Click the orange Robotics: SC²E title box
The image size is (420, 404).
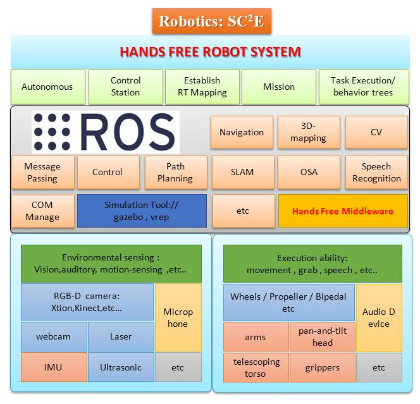(211, 21)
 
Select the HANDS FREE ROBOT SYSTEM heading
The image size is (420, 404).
(211, 51)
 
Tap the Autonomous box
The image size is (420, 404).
(47, 87)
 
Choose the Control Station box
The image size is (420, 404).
(125, 87)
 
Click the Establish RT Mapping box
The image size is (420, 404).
(202, 87)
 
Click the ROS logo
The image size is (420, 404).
(106, 132)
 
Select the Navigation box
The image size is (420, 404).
(242, 132)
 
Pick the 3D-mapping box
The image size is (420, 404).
(309, 132)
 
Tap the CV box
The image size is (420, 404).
(376, 132)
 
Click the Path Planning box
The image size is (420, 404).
(175, 173)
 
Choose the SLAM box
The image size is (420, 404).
(242, 172)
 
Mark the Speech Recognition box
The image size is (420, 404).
(376, 173)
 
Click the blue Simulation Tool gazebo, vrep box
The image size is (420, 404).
(142, 211)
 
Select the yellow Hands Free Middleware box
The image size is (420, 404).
(343, 211)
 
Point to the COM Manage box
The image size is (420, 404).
(42, 211)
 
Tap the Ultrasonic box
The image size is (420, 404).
(120, 367)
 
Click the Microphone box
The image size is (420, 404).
(178, 317)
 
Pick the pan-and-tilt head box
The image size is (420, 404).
(322, 337)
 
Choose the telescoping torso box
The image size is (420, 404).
(255, 367)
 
